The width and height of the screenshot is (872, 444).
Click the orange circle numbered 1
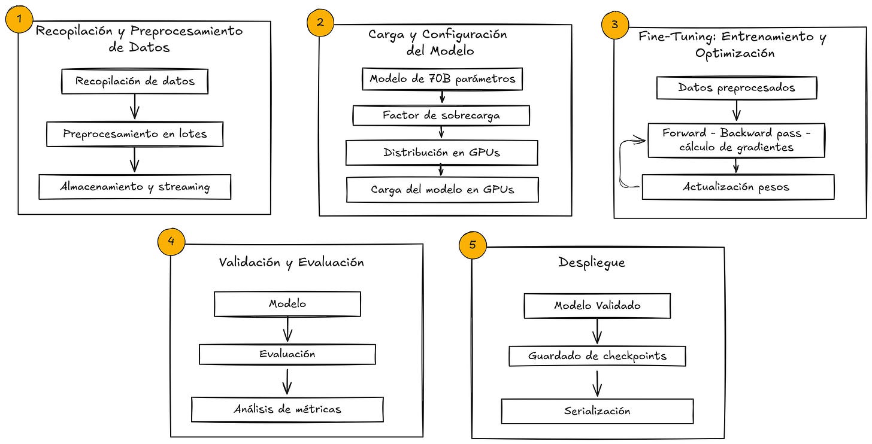click(x=19, y=19)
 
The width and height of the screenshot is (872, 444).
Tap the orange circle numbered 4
click(x=171, y=241)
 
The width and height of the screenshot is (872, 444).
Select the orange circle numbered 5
click(x=473, y=245)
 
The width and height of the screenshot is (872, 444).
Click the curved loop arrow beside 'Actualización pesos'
click(x=620, y=163)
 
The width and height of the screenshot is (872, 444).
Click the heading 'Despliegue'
click(x=592, y=263)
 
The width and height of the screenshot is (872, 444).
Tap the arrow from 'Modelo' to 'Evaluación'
click(x=287, y=329)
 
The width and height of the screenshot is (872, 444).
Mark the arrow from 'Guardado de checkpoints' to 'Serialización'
click(x=597, y=384)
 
